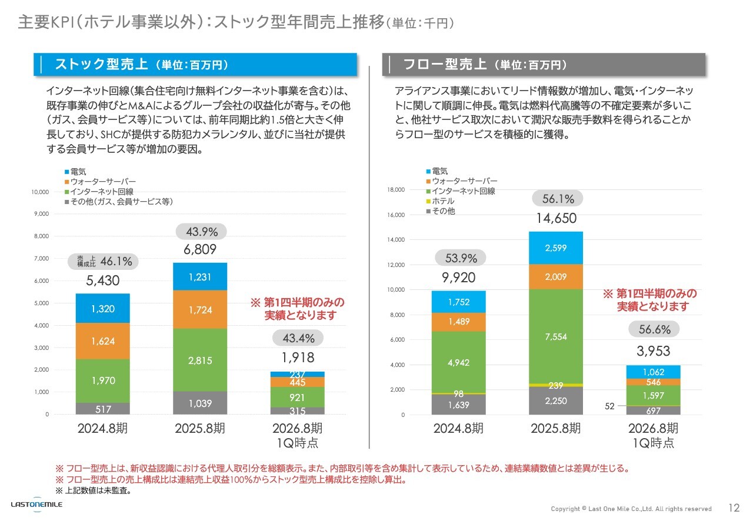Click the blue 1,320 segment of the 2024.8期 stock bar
tap(102, 308)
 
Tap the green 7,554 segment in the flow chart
tap(556, 336)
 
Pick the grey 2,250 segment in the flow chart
tap(556, 401)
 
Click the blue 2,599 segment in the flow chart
tap(556, 248)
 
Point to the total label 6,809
tap(201, 249)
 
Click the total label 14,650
tap(556, 219)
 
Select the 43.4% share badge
tap(298, 338)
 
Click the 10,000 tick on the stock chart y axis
tap(40, 192)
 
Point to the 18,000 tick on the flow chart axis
tap(395, 190)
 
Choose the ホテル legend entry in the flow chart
tap(442, 201)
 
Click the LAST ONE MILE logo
tap(36, 505)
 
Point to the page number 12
tap(734, 508)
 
